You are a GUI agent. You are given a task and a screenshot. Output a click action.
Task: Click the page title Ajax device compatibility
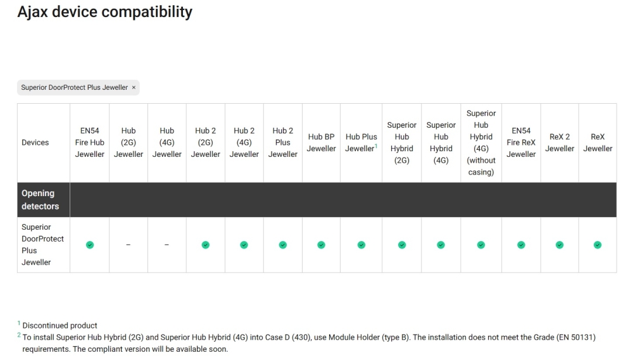[x=104, y=11]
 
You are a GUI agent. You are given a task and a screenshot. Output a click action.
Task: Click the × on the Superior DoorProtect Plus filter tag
[x=134, y=87]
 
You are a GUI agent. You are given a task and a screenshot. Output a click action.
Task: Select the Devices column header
[x=35, y=143]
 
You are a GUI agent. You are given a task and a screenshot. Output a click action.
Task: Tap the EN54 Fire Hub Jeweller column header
[x=90, y=143]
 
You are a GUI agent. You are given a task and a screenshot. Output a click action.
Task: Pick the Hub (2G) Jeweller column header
[x=128, y=143]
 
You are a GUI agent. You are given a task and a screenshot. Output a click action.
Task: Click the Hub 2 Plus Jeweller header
[x=283, y=143]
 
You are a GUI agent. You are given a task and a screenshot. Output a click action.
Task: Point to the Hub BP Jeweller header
[x=322, y=143]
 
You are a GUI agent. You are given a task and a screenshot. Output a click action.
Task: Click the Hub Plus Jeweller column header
[x=361, y=143]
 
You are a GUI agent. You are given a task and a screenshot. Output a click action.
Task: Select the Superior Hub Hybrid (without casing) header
[x=481, y=143]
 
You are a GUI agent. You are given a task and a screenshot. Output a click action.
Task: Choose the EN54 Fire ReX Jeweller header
[x=521, y=143]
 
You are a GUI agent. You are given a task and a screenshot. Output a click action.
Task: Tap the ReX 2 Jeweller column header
[x=560, y=143]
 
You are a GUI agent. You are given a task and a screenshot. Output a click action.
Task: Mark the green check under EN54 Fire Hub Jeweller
[x=90, y=245]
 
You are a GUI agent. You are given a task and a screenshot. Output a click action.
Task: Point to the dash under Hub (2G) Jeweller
[x=128, y=245]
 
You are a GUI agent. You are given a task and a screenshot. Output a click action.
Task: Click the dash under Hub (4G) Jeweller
[x=166, y=245]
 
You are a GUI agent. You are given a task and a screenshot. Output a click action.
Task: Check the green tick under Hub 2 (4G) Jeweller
[x=244, y=245]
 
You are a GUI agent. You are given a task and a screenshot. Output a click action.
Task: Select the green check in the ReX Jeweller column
[x=598, y=245]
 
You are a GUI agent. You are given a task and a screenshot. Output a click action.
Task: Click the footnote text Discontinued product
[x=60, y=326]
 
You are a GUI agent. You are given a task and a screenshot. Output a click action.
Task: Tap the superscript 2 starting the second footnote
[x=19, y=336]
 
